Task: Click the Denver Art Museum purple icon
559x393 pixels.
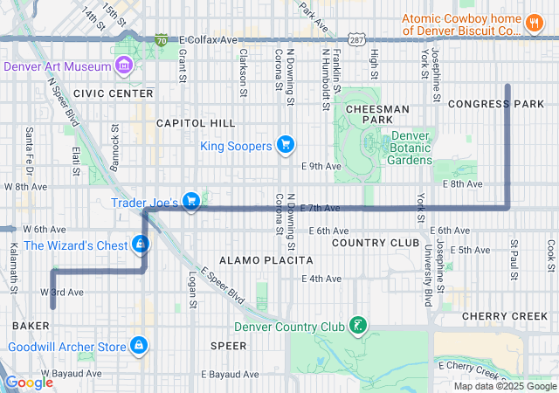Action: click(x=123, y=66)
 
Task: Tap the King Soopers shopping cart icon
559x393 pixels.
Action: click(x=284, y=145)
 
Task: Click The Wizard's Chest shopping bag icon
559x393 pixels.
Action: click(x=141, y=245)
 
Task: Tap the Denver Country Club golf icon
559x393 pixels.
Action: click(x=356, y=327)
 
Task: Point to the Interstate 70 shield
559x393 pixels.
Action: click(x=161, y=40)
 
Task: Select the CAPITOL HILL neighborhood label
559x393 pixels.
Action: click(x=196, y=123)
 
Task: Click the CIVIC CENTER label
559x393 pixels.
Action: click(x=113, y=93)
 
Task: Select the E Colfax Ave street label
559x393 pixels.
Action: click(x=208, y=40)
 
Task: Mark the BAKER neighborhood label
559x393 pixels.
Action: click(x=31, y=325)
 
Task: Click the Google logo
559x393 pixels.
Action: click(x=29, y=383)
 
